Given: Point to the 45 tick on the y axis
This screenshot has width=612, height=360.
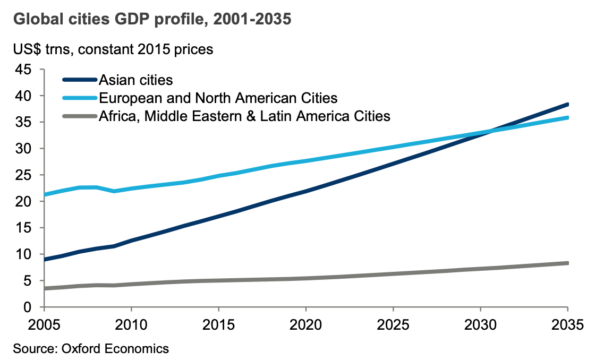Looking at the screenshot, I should (23, 70).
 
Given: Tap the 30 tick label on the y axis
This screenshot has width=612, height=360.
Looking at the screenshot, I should (23, 149).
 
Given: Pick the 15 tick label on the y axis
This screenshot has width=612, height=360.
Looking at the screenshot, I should (23, 228).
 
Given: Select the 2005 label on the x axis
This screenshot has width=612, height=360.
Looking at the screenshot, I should (44, 324).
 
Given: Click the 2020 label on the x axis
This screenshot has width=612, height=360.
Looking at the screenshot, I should (306, 324).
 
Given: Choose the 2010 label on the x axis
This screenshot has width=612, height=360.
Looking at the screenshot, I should (131, 324).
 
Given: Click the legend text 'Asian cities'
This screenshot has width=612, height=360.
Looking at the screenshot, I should (136, 80).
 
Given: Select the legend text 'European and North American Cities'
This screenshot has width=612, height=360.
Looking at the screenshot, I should (218, 98).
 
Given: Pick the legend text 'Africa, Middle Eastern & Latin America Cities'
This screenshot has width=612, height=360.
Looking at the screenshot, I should (245, 116).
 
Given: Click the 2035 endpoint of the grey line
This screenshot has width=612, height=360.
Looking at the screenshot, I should (567, 263).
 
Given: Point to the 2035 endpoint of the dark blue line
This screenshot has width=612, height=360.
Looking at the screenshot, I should (567, 105).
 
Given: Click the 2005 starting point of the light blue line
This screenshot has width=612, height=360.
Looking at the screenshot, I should (45, 195).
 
